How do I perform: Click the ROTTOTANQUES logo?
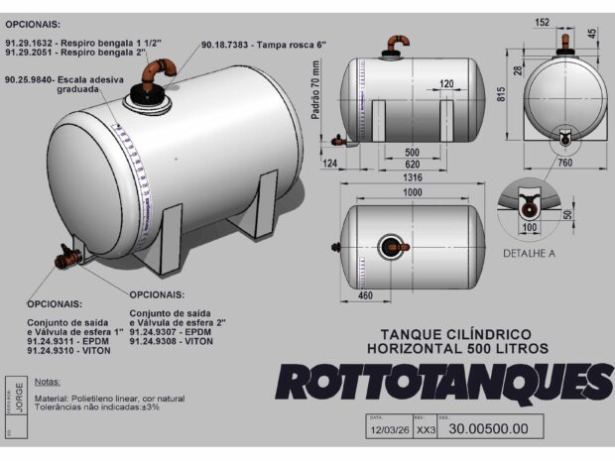click(443, 382)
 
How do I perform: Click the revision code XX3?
click(426, 430)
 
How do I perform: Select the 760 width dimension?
click(564, 163)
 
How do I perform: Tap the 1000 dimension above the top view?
click(415, 192)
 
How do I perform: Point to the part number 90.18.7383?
click(233, 46)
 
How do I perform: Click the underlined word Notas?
click(48, 381)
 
